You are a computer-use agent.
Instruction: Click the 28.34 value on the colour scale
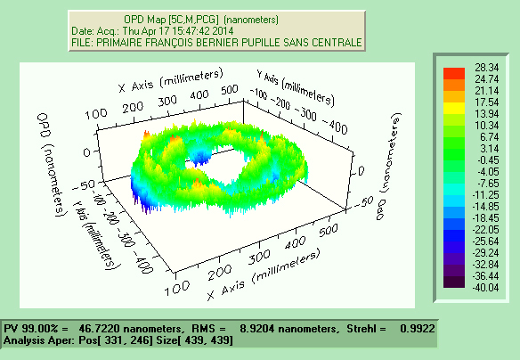(x=487, y=67)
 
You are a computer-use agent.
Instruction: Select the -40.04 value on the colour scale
(x=487, y=288)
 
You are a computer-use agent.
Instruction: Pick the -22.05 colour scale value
(x=487, y=230)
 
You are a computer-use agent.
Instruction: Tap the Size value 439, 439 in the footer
(x=210, y=340)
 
